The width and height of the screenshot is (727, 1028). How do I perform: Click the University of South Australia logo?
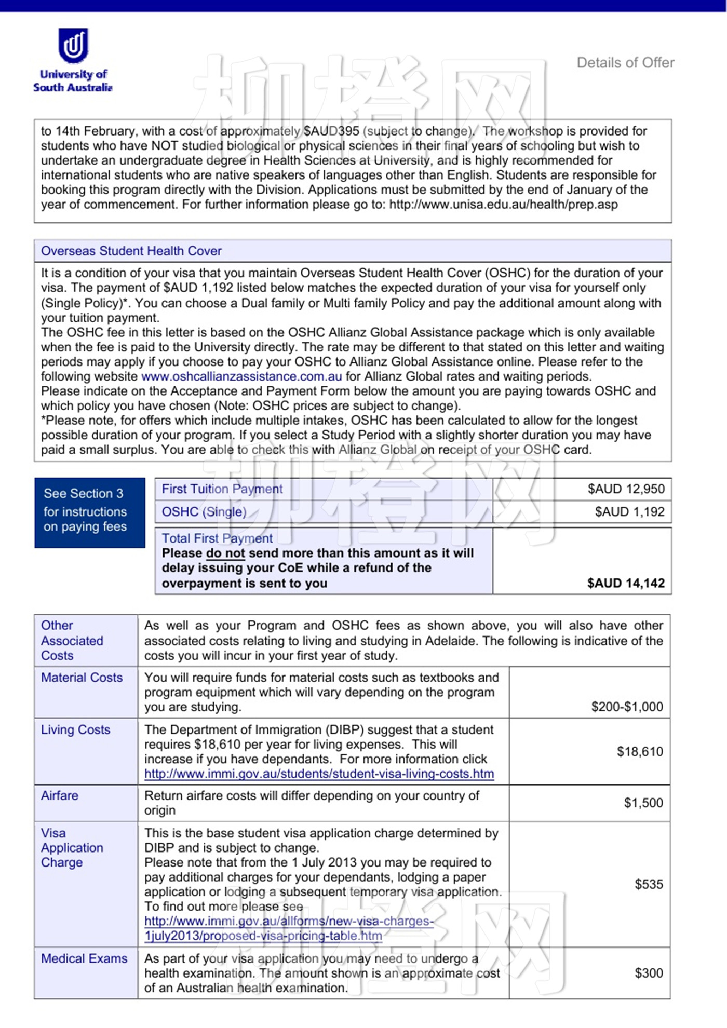(73, 60)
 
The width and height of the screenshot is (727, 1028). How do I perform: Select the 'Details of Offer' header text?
(625, 63)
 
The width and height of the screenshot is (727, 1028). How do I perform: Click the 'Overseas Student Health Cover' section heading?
(131, 251)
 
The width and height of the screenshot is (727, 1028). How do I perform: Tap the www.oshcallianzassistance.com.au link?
(241, 376)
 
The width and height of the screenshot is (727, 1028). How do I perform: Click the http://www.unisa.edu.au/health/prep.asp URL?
(503, 204)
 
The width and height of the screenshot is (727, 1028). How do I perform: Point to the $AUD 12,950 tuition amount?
(626, 489)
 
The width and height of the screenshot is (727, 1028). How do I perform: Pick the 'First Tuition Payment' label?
(222, 489)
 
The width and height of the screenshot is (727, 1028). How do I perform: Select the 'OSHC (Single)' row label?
(204, 512)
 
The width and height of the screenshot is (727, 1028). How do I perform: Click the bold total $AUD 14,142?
(626, 583)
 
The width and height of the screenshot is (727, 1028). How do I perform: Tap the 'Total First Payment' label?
(217, 538)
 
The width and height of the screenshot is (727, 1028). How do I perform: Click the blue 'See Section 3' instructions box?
(90, 512)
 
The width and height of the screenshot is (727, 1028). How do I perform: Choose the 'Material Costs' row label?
(82, 678)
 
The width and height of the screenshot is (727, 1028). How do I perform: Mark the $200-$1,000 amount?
(627, 707)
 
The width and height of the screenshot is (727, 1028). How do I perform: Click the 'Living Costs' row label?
(76, 729)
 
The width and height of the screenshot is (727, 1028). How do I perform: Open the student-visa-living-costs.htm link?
(319, 774)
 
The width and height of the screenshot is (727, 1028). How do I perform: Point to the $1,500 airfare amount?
(643, 803)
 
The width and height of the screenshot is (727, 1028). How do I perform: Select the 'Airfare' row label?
(60, 795)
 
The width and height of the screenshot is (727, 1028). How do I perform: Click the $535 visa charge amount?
(649, 884)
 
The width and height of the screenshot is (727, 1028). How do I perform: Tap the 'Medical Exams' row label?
(84, 958)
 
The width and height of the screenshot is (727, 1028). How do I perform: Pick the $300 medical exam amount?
(649, 973)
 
